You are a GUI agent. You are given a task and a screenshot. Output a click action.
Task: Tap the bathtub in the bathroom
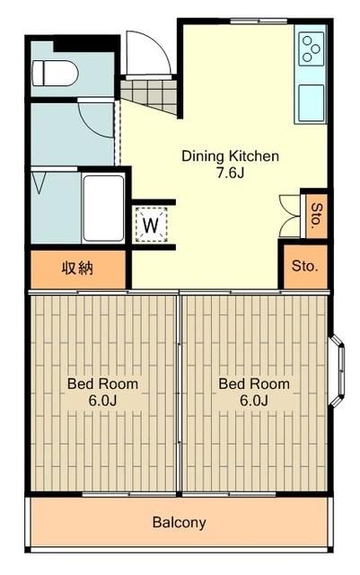(103, 207)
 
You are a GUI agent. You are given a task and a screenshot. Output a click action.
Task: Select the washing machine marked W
(152, 225)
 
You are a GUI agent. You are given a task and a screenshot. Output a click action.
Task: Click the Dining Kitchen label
(231, 155)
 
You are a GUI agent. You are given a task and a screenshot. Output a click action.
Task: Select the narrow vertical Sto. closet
(316, 215)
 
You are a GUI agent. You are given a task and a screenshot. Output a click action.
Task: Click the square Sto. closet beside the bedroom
(303, 266)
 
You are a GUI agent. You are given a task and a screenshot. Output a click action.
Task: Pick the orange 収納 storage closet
(79, 267)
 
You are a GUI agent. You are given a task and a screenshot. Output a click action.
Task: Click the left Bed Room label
(102, 384)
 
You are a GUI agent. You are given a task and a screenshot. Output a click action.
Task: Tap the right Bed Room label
(254, 384)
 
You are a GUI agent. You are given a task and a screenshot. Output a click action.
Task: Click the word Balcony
(179, 522)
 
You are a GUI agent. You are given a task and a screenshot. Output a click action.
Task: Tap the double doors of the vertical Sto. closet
(289, 216)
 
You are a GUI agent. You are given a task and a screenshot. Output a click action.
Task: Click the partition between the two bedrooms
(180, 392)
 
